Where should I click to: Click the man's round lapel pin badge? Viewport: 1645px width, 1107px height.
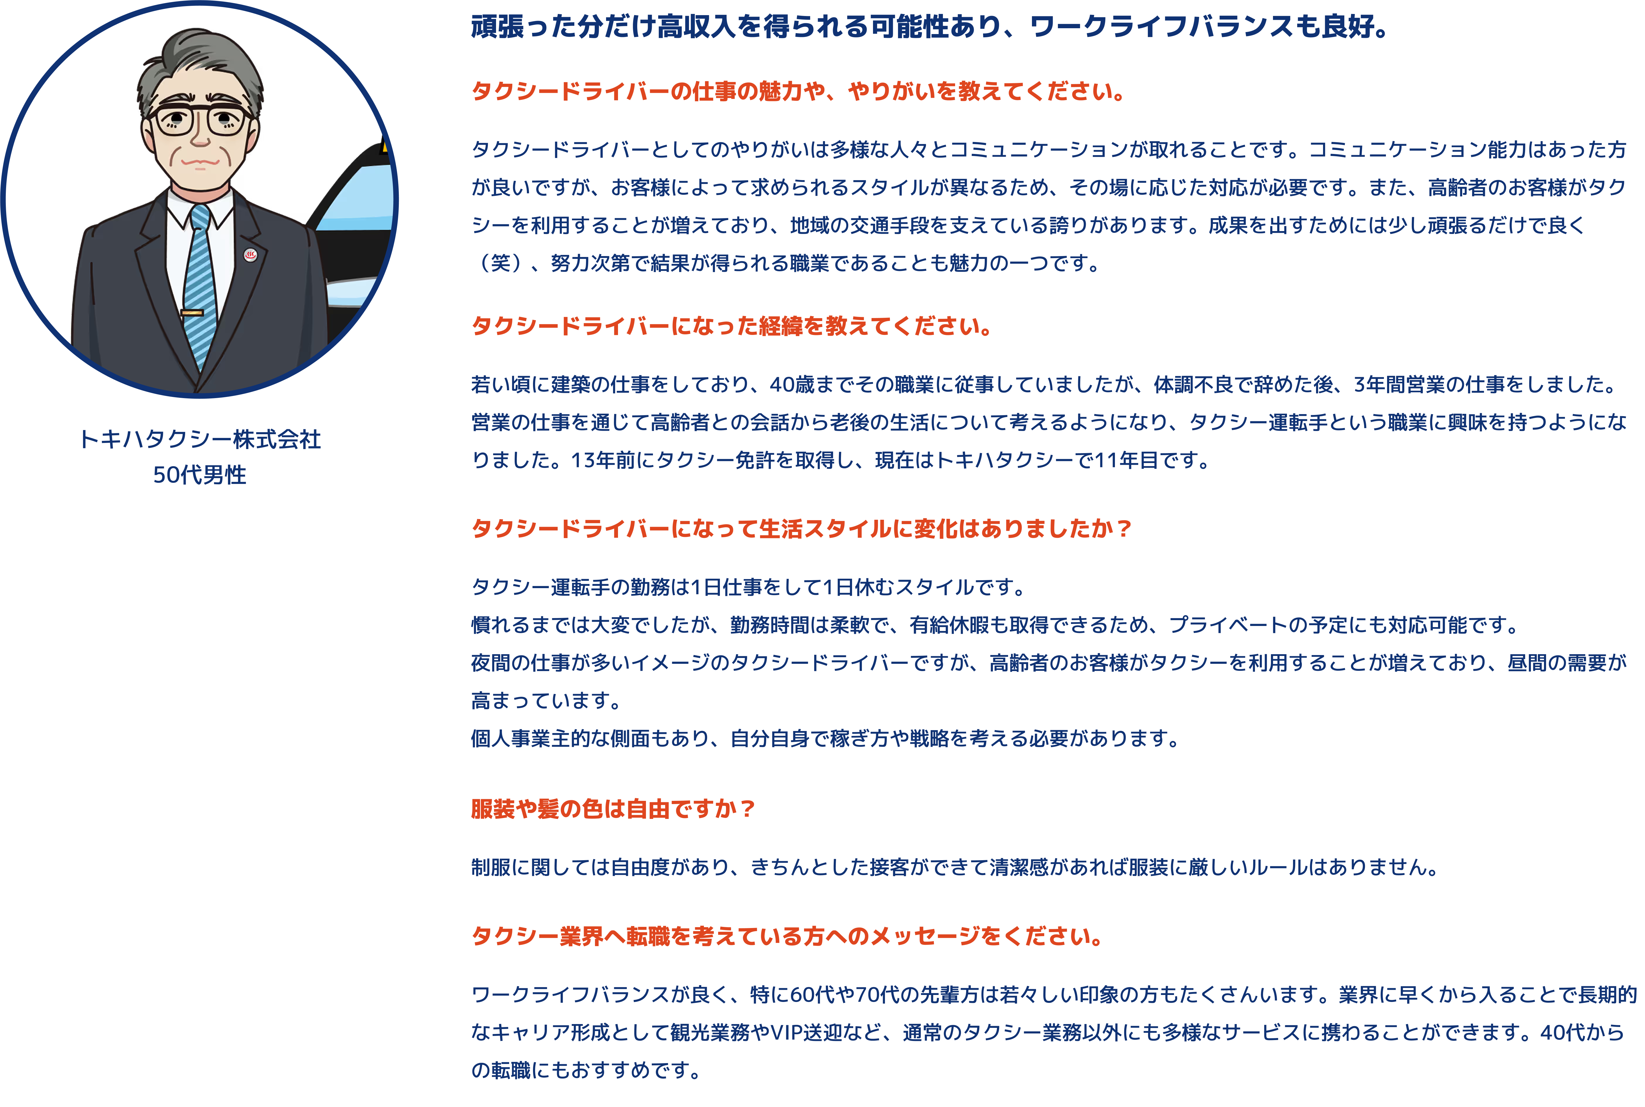[250, 255]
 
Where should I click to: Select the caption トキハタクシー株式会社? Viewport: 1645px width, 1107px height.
[200, 439]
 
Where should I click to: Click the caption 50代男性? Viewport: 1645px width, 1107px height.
[200, 474]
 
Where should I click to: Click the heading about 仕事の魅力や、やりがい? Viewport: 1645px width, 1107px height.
[798, 91]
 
